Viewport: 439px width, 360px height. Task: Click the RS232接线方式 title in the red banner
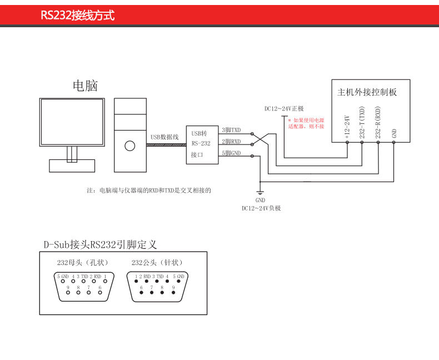(x=78, y=15)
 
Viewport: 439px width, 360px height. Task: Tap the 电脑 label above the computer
(x=85, y=86)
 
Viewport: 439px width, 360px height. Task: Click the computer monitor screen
(x=72, y=122)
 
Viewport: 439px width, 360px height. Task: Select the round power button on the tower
(x=130, y=146)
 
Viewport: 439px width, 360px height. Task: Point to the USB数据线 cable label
(x=164, y=137)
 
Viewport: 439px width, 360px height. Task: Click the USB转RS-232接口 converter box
(x=202, y=145)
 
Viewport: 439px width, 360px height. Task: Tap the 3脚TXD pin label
(x=231, y=130)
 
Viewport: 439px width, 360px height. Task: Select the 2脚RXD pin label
(x=231, y=142)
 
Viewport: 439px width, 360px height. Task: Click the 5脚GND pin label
(x=231, y=153)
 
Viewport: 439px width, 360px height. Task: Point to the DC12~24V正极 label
(x=284, y=109)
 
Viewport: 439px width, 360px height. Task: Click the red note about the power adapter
(x=306, y=123)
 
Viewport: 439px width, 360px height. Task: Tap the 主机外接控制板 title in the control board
(x=367, y=92)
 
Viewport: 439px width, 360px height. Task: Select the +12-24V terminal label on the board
(x=347, y=127)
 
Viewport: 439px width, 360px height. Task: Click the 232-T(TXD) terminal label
(x=362, y=123)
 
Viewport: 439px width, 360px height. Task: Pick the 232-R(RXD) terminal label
(x=378, y=123)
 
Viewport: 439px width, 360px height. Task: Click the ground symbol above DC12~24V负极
(x=260, y=193)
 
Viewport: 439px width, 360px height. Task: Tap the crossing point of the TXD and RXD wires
(x=260, y=139)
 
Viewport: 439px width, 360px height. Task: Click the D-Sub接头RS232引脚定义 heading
(x=100, y=244)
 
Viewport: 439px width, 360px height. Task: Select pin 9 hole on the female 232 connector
(x=68, y=293)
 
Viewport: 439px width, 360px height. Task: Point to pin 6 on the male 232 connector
(x=141, y=293)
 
